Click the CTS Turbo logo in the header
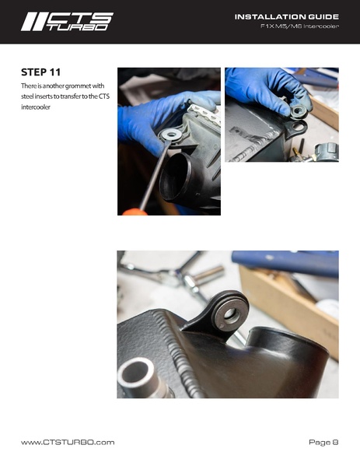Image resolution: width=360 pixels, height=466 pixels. click(x=67, y=22)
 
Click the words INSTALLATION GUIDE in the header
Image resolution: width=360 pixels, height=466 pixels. click(x=287, y=16)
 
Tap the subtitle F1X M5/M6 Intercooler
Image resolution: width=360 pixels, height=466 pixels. click(x=299, y=26)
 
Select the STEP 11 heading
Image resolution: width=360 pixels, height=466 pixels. click(x=40, y=72)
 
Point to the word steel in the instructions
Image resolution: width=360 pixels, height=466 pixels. click(x=27, y=96)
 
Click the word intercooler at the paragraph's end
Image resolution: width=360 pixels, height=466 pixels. click(x=36, y=107)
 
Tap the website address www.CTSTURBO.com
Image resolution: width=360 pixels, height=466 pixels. click(x=68, y=442)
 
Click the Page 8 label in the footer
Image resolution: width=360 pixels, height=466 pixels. click(x=323, y=442)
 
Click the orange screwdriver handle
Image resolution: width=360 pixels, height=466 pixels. click(x=135, y=212)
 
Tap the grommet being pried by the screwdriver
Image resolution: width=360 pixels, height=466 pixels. click(x=170, y=135)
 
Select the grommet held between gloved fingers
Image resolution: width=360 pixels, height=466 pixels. click(x=298, y=111)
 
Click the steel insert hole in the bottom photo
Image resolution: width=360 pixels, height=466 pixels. click(x=231, y=315)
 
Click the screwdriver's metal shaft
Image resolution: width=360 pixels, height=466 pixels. click(x=155, y=175)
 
